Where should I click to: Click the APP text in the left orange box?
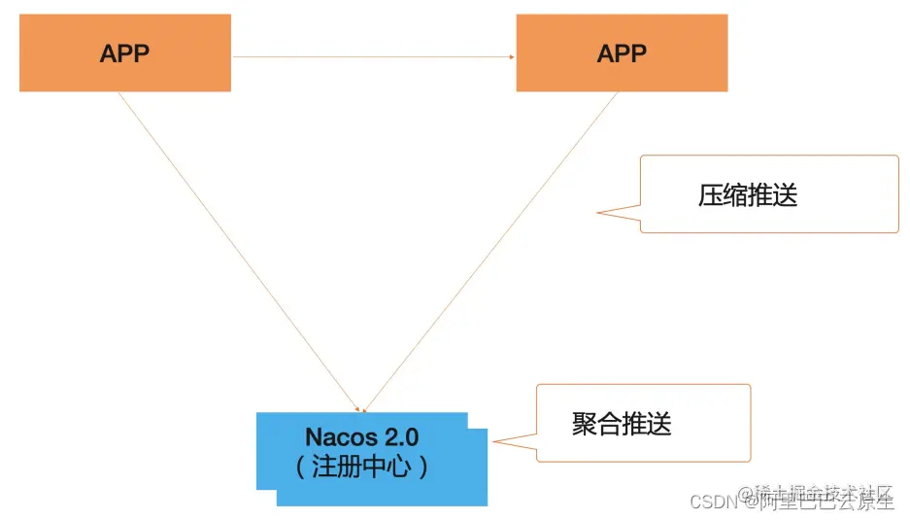[124, 53]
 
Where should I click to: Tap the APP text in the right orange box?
[622, 53]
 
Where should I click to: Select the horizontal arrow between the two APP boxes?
[373, 56]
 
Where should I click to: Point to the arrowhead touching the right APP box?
[512, 56]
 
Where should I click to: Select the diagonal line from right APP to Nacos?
[490, 253]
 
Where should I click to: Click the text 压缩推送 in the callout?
[747, 195]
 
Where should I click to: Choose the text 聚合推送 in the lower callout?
[622, 424]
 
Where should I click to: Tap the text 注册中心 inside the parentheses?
[361, 467]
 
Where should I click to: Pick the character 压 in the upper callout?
[710, 195]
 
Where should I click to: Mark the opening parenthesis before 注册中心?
[302, 467]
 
